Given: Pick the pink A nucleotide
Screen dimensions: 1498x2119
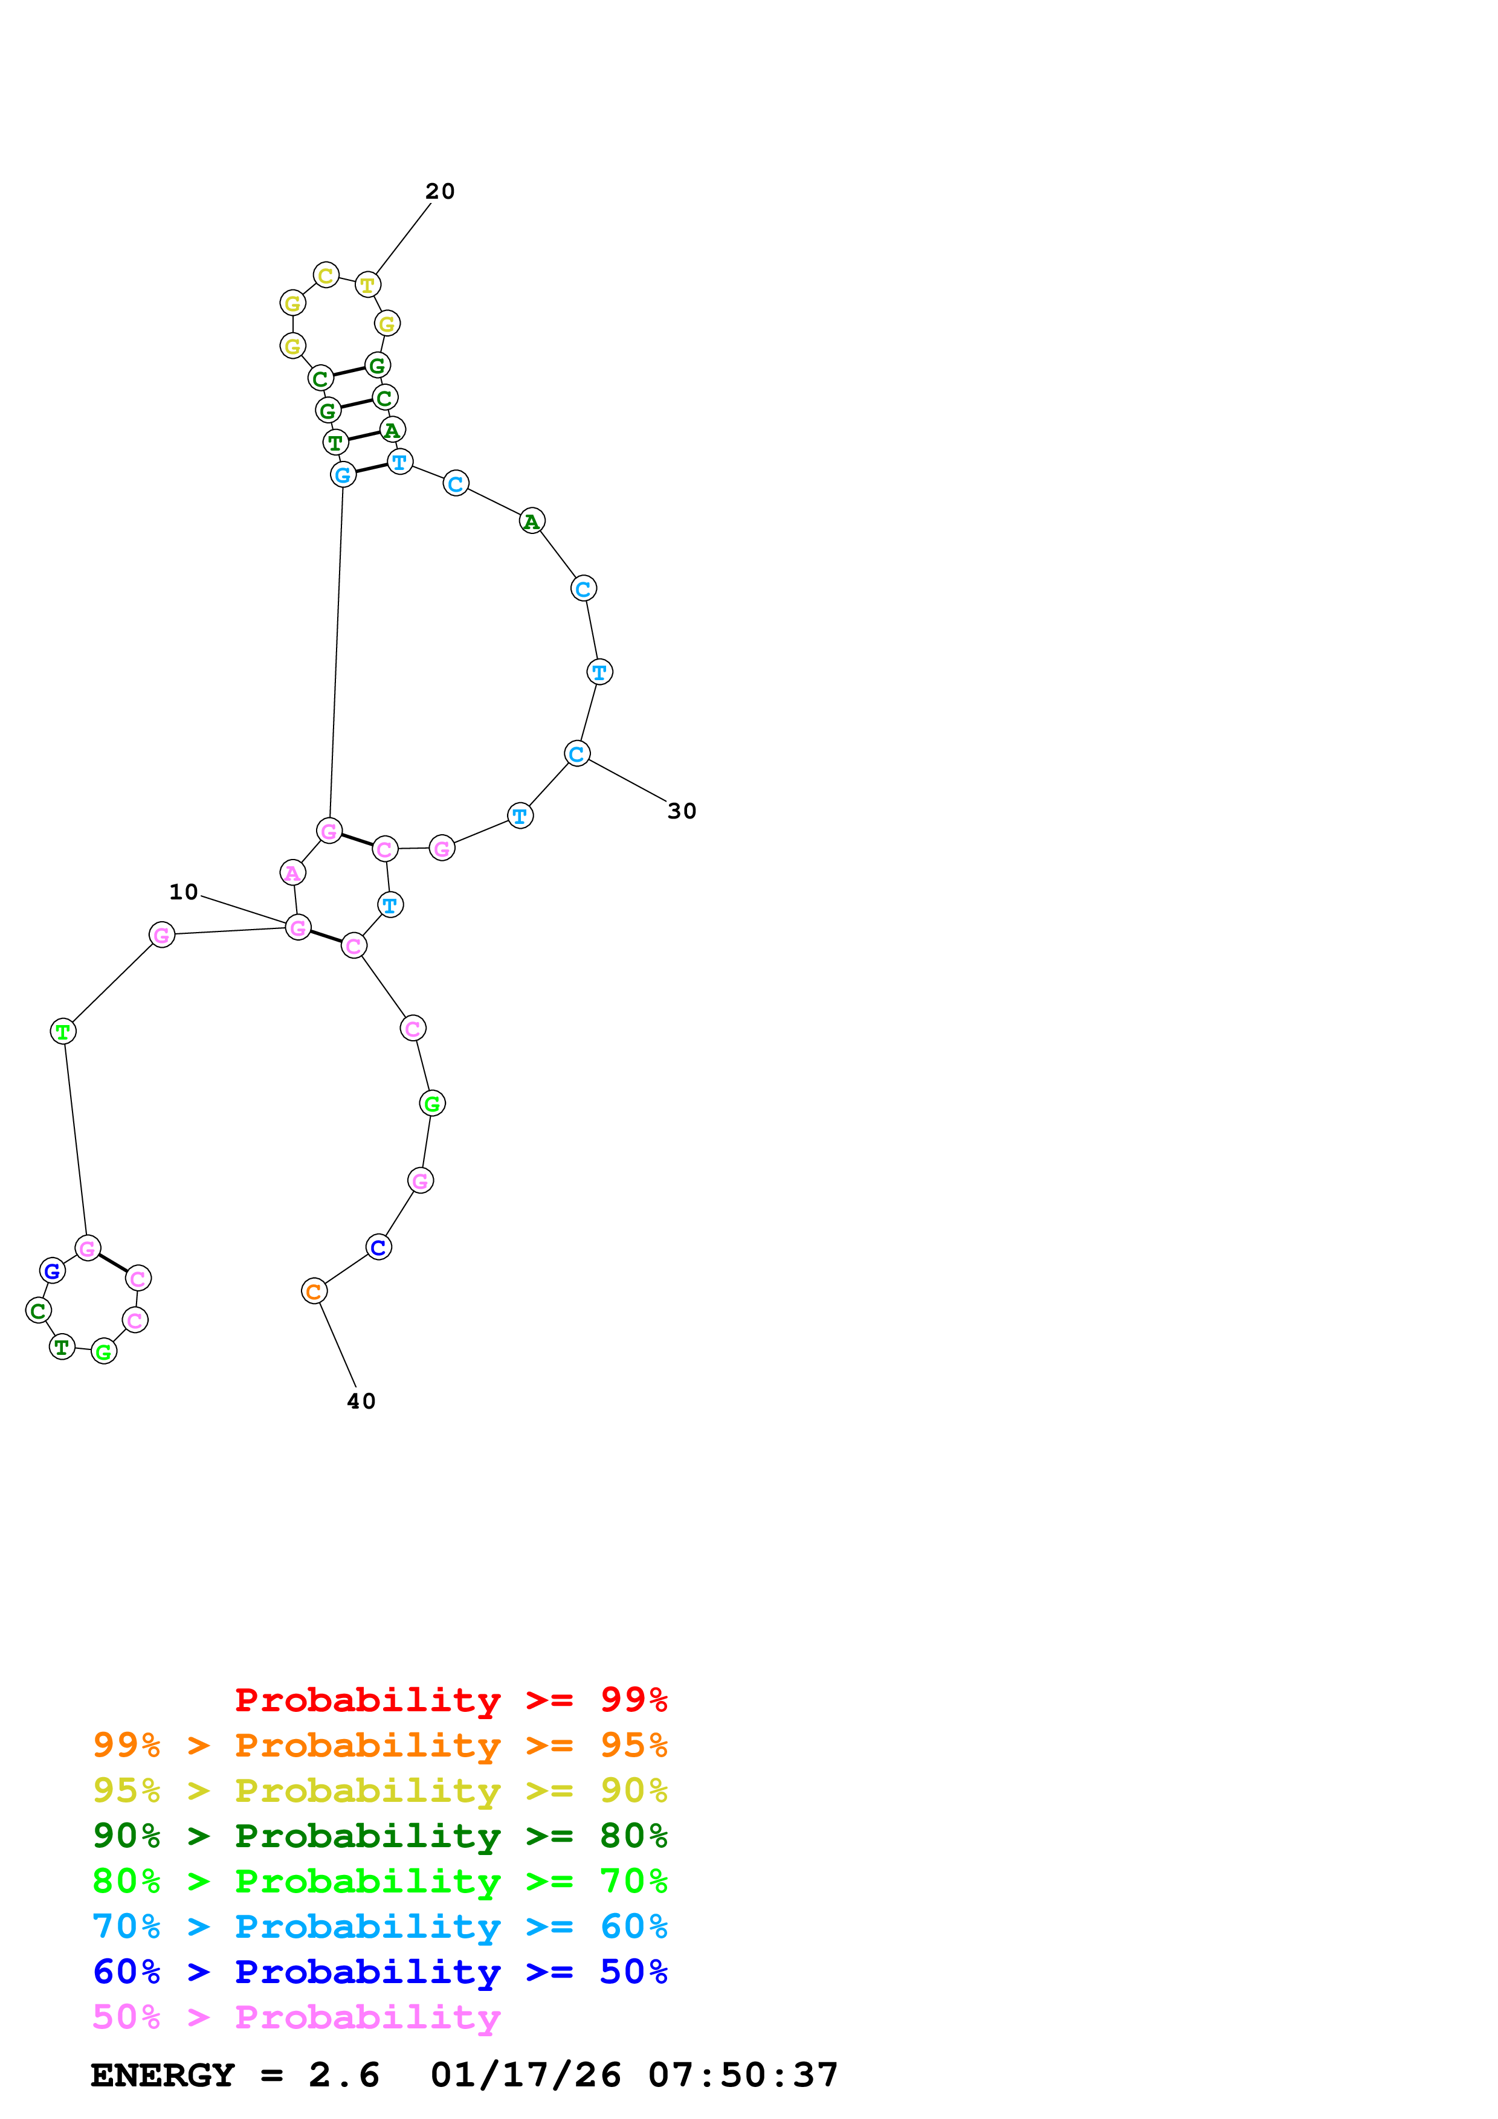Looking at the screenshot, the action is pos(292,872).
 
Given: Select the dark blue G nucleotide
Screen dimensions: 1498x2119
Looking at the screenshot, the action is pos(53,1271).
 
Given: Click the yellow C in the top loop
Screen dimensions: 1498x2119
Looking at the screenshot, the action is pos(326,275).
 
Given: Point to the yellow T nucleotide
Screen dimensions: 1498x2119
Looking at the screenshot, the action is pos(367,285).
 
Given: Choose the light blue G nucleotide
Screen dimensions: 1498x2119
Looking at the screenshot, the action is pos(343,475).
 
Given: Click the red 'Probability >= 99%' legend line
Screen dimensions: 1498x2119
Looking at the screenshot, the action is pos(450,1699).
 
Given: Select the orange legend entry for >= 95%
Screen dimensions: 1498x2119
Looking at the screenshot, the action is pos(379,1745).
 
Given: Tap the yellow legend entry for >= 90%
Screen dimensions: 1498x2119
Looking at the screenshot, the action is pos(379,1790).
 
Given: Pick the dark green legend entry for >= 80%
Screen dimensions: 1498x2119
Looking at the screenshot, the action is pos(379,1836).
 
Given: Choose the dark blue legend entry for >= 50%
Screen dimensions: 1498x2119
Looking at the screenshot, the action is pos(379,1972).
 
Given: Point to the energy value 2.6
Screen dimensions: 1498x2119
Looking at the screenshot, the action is pos(343,2076).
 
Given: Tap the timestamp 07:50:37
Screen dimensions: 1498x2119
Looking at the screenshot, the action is pos(743,2076).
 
